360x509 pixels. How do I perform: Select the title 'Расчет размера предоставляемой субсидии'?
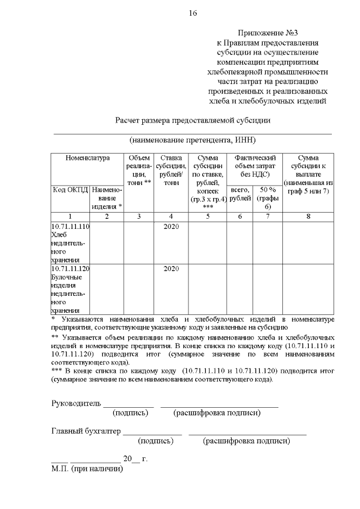tap(193, 120)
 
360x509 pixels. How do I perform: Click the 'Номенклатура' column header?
tap(87, 159)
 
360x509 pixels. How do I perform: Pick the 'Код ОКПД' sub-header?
tap(70, 190)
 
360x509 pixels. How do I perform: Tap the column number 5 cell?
tap(208, 216)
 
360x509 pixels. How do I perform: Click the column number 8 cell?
tap(308, 216)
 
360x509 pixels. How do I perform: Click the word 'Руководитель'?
tap(76, 403)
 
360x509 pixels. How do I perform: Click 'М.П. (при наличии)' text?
tap(87, 469)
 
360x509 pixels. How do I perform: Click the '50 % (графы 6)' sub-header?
tap(267, 198)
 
